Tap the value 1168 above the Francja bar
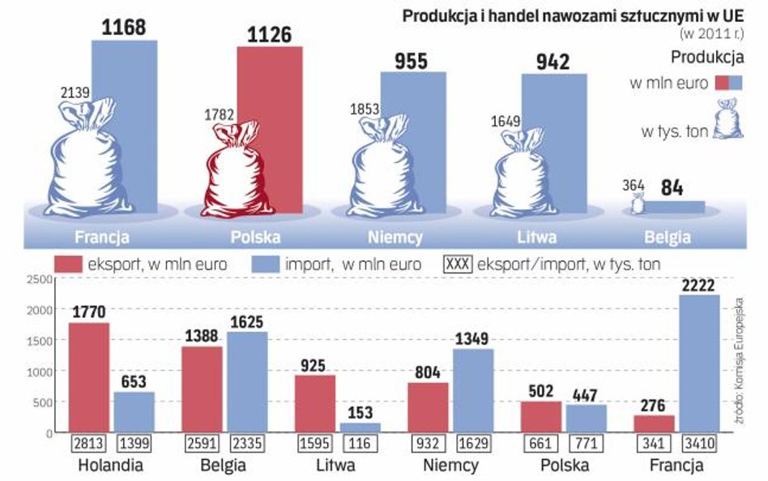tap(124, 27)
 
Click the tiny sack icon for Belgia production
tap(638, 204)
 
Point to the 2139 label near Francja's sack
tap(75, 93)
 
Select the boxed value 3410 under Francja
tap(697, 444)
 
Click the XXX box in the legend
tap(458, 264)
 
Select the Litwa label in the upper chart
tap(540, 238)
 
